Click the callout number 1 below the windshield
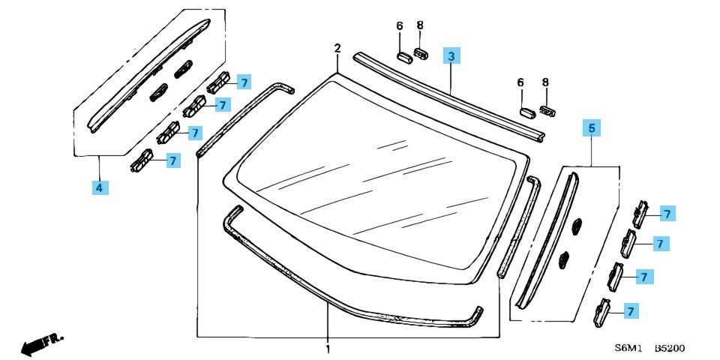[328, 349]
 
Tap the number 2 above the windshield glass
[337, 48]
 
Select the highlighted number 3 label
[451, 55]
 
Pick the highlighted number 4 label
[100, 187]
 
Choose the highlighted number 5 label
[592, 128]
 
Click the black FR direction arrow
[42, 343]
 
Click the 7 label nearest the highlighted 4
[172, 160]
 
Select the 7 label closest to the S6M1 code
[631, 311]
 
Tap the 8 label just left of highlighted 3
[420, 25]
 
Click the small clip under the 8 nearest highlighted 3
[421, 53]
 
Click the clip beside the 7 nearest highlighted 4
[142, 160]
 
